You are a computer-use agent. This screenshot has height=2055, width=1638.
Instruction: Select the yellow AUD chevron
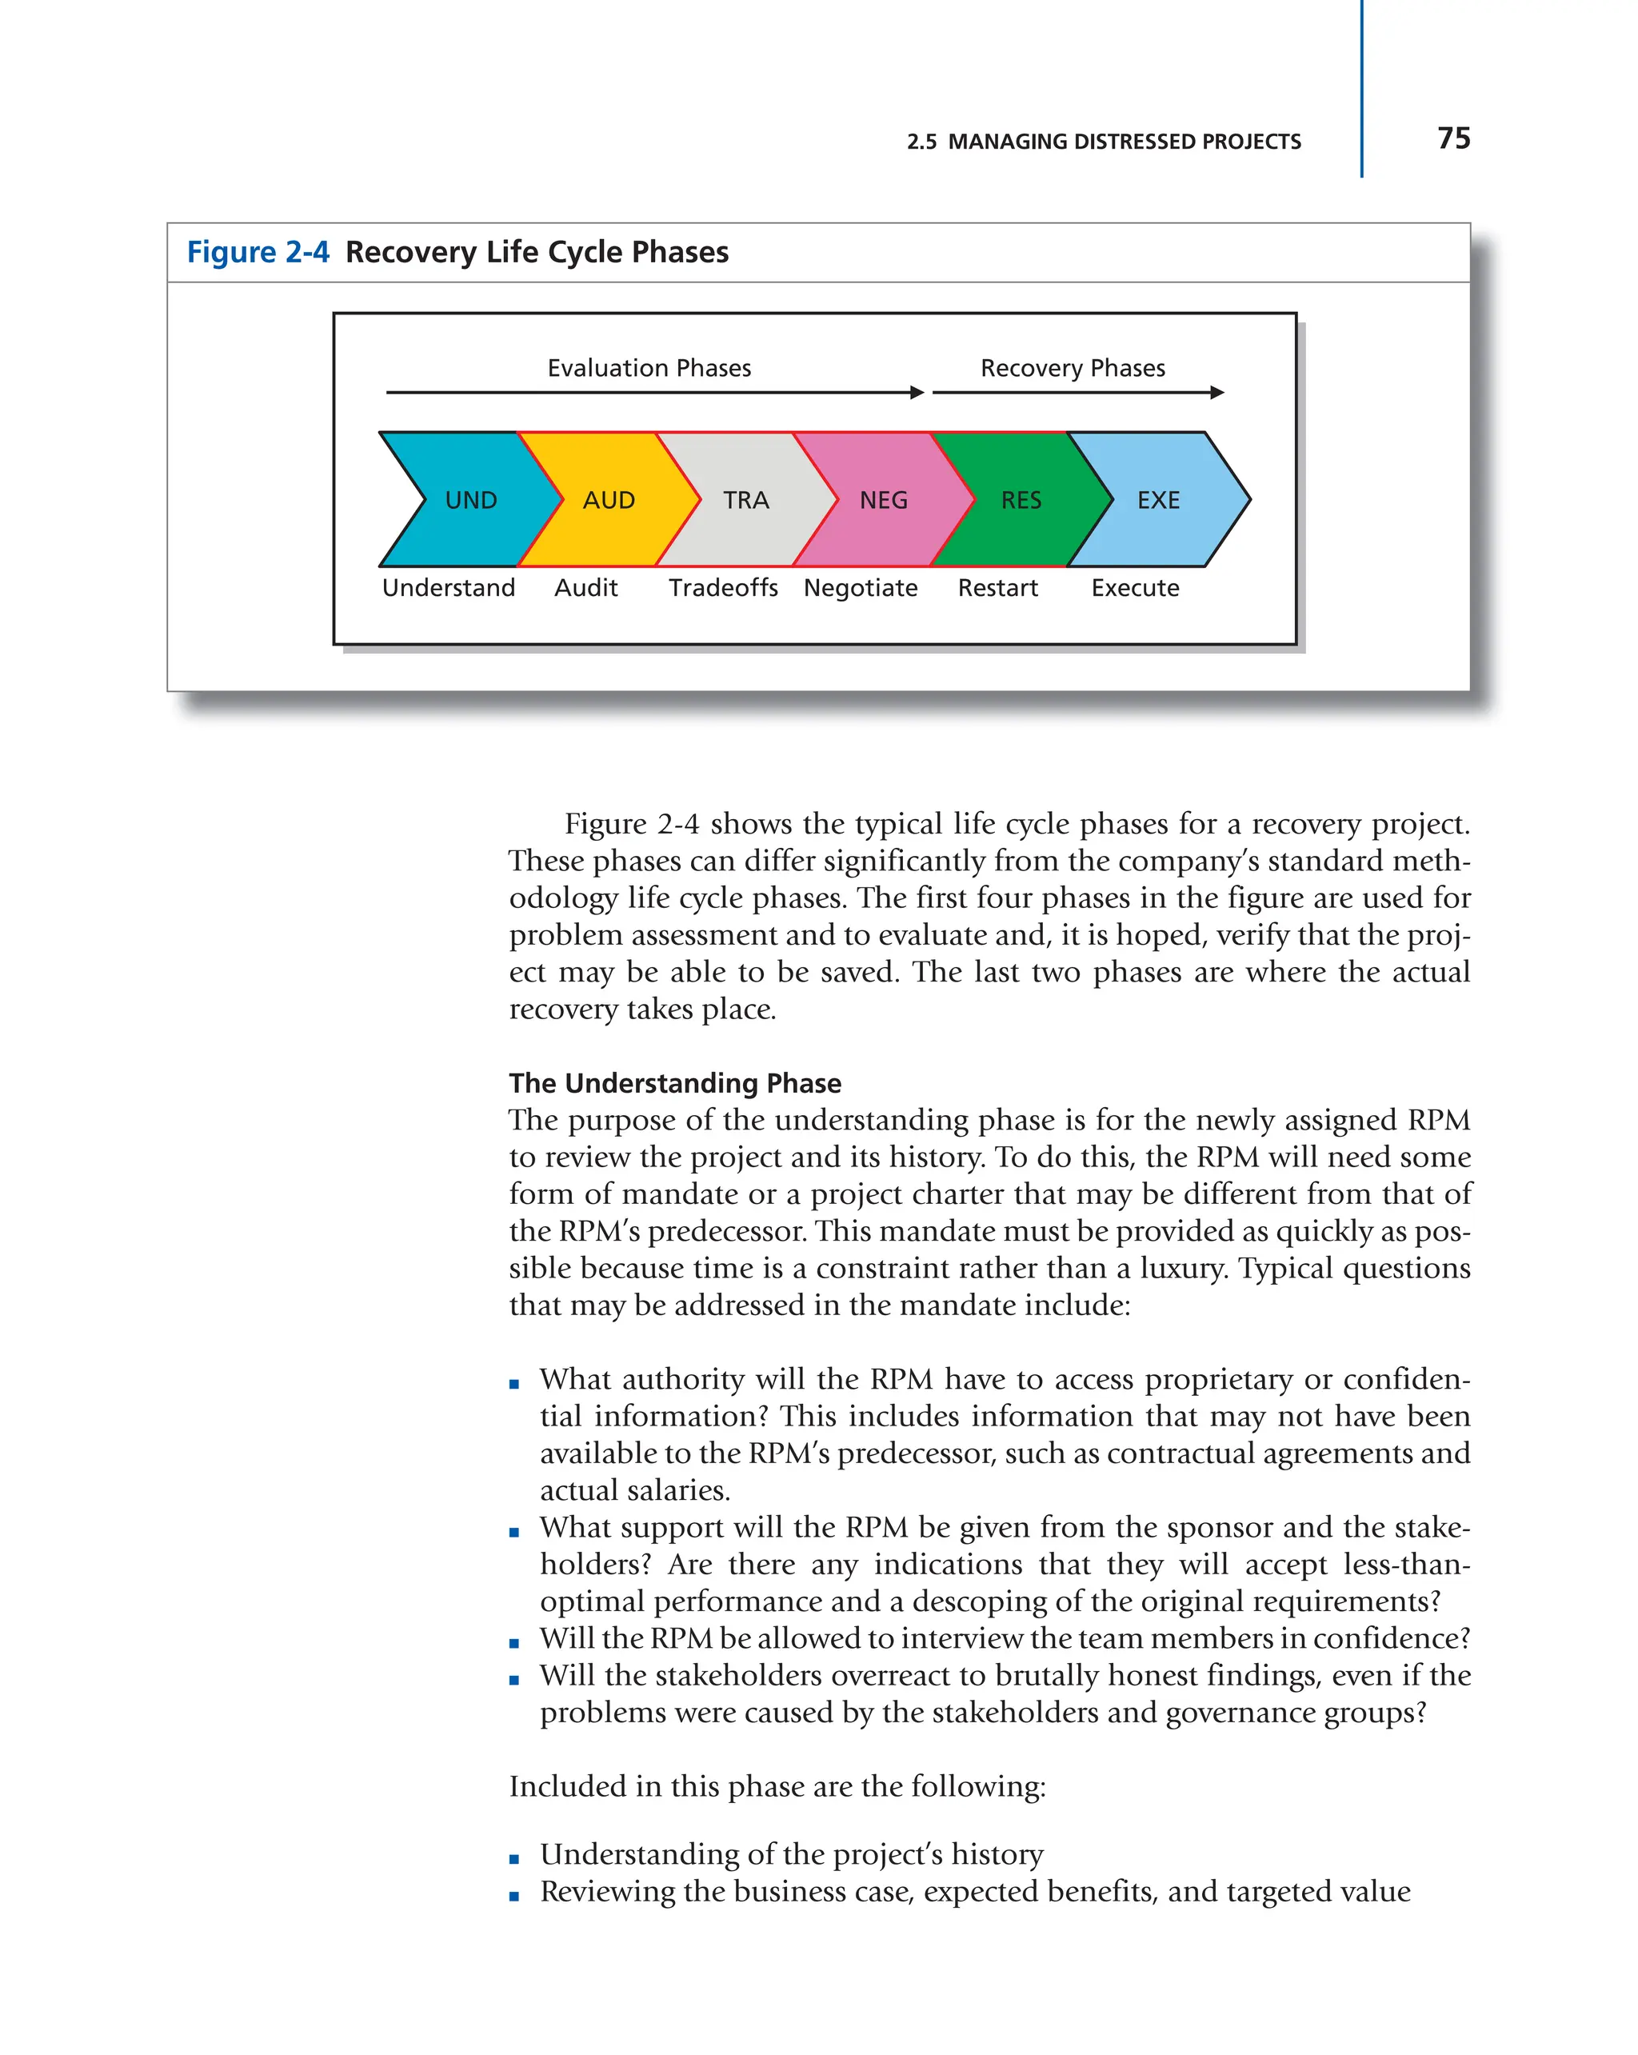coord(609,499)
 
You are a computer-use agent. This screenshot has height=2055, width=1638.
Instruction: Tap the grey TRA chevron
coord(745,499)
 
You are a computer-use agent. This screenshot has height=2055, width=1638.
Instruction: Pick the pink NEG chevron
coord(883,499)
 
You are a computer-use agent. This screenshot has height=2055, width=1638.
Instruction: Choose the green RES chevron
coord(1021,499)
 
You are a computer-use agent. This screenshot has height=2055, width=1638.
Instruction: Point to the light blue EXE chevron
coord(1158,499)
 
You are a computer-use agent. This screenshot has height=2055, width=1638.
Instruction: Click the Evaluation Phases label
coord(649,368)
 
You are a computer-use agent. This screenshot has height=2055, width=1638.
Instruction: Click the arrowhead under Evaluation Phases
coord(917,392)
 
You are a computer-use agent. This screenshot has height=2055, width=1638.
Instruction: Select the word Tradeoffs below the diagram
coord(722,587)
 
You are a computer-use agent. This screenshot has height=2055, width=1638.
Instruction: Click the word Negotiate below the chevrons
coord(860,587)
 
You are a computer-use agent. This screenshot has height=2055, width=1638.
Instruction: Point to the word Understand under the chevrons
coord(448,587)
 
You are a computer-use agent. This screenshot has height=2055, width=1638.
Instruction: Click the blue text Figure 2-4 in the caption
coord(258,252)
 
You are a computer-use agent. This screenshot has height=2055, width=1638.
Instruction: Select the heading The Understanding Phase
coord(675,1083)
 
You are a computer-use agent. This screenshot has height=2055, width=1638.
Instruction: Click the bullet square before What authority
coord(514,1384)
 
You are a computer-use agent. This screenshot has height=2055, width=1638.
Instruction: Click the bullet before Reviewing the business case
coord(514,1896)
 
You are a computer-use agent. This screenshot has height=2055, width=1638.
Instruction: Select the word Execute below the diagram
coord(1134,587)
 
